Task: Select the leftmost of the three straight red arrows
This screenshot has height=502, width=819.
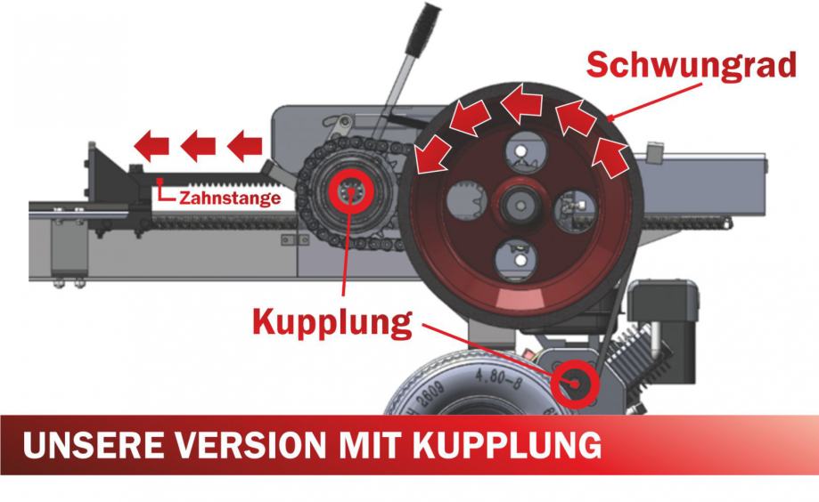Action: (x=152, y=142)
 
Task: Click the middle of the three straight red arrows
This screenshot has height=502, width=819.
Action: (x=199, y=142)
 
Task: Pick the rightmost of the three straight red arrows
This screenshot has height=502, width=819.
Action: (x=245, y=142)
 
